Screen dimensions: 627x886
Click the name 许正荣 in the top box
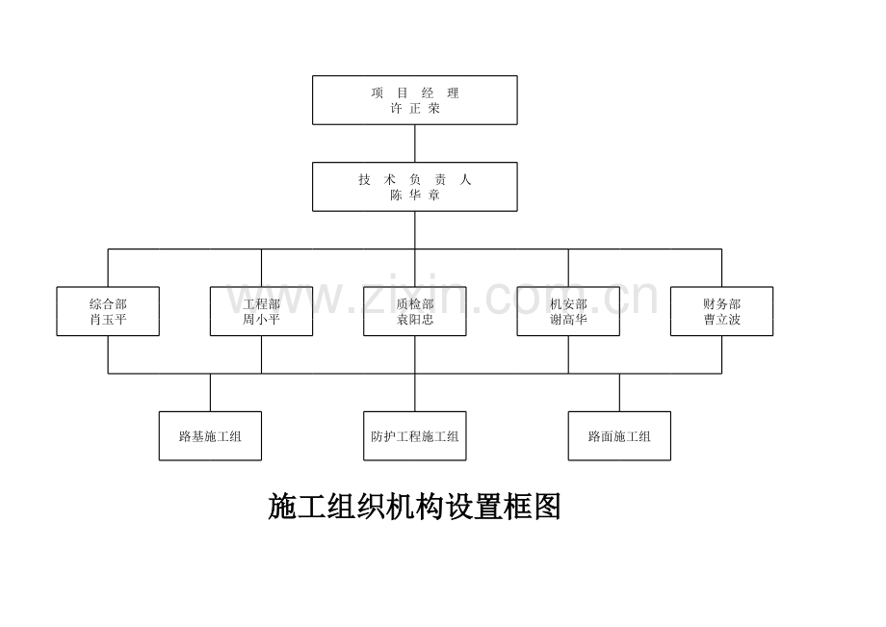point(415,109)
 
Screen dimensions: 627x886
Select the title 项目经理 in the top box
point(415,93)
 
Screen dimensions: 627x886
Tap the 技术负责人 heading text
point(415,180)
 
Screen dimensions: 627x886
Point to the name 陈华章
point(415,195)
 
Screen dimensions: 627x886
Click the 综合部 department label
point(108,304)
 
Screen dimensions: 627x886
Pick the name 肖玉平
point(108,320)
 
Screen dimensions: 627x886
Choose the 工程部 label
point(261,304)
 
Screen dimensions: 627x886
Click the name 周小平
point(261,320)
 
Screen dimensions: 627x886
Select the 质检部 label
point(415,304)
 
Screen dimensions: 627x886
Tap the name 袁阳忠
point(415,320)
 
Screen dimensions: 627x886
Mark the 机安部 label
point(568,304)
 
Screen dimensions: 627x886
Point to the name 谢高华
point(568,320)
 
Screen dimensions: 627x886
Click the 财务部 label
point(721,304)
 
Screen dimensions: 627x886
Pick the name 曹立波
point(721,320)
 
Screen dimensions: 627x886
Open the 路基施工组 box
point(210,436)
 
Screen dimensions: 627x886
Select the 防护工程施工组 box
point(415,436)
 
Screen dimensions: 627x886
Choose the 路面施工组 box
point(619,436)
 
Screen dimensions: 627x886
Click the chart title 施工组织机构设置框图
point(414,507)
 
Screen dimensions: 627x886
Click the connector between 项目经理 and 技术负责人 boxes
point(415,144)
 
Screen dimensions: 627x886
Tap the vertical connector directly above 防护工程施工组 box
point(415,393)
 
